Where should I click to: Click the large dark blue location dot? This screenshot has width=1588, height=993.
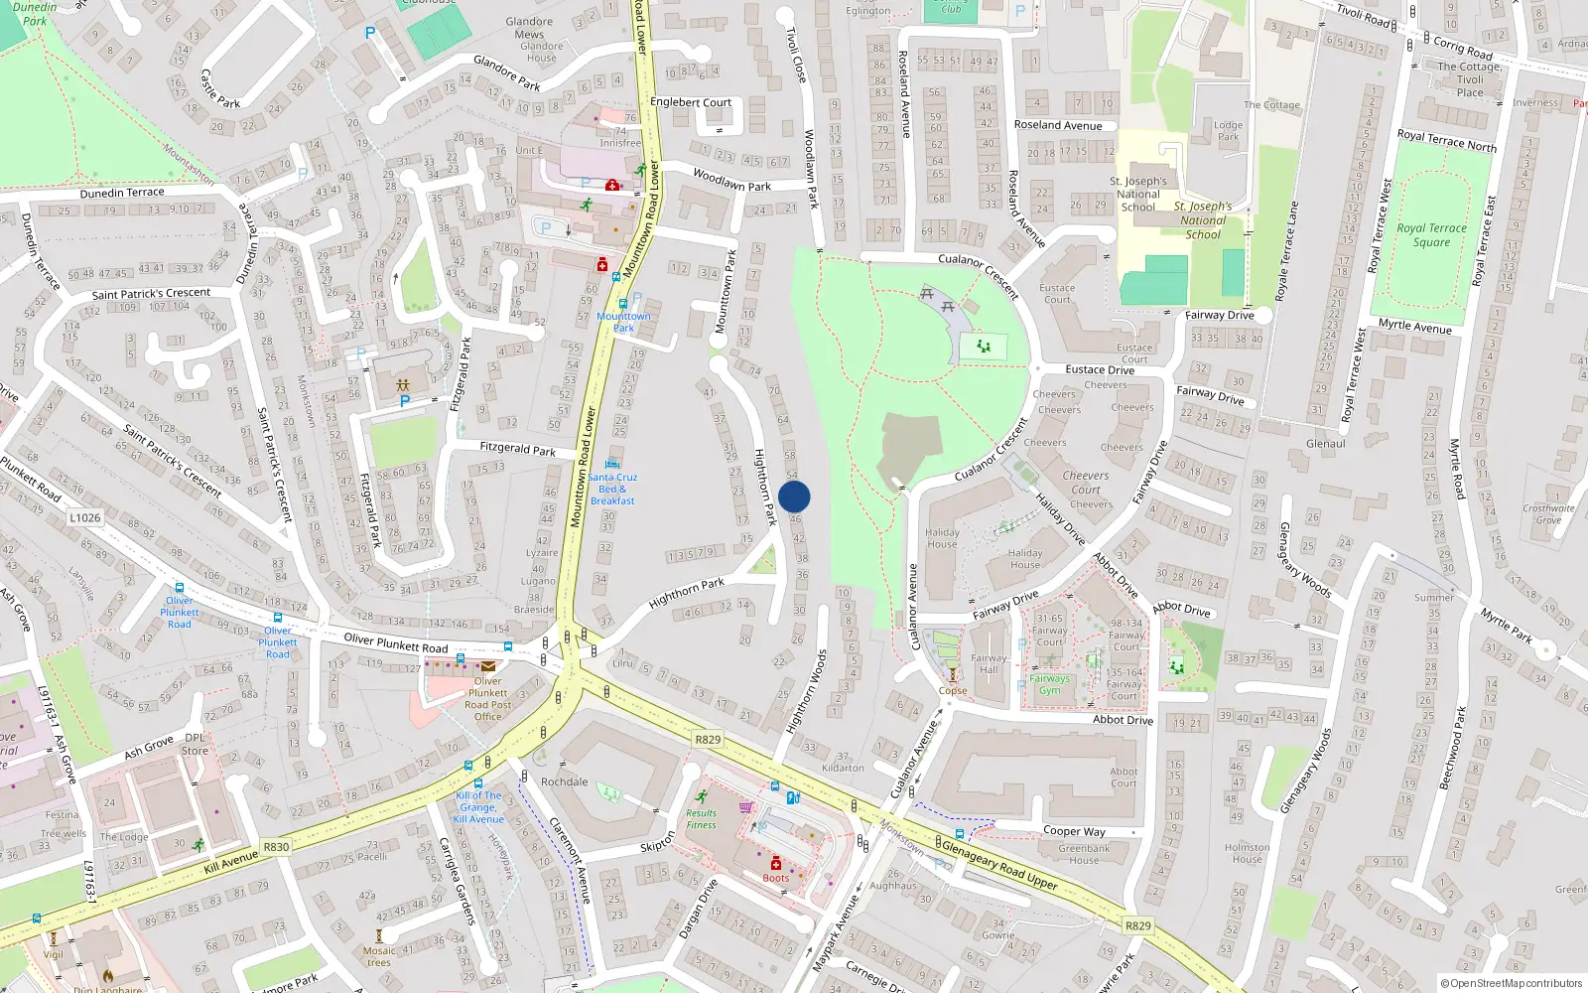[x=794, y=496]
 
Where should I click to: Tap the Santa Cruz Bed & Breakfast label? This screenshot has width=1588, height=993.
[x=612, y=489]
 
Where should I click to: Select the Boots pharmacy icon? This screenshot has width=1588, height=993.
[x=776, y=864]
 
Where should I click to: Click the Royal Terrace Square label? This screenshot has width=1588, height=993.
[x=1431, y=235]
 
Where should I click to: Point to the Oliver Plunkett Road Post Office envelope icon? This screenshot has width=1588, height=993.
[x=488, y=666]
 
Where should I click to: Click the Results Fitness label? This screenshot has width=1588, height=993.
[x=701, y=819]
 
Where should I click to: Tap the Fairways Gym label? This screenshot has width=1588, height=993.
[x=1049, y=684]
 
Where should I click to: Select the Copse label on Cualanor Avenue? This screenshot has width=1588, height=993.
[x=953, y=691]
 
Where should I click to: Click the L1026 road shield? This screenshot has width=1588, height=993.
[x=85, y=517]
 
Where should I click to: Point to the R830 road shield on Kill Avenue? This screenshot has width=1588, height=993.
[x=276, y=847]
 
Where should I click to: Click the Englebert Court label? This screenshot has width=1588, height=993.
[x=691, y=102]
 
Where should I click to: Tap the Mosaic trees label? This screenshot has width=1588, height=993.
[x=379, y=956]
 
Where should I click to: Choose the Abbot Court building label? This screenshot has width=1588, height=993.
[x=1124, y=778]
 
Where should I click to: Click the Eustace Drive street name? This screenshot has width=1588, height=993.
[x=1100, y=369]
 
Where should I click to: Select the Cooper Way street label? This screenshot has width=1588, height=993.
[x=1074, y=831]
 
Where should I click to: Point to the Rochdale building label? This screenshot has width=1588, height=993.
[x=565, y=781]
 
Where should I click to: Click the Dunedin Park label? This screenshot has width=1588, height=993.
[x=36, y=13]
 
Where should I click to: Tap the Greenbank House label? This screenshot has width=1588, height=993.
[x=1084, y=854]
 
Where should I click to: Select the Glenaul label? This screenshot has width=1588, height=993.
[x=1326, y=444]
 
